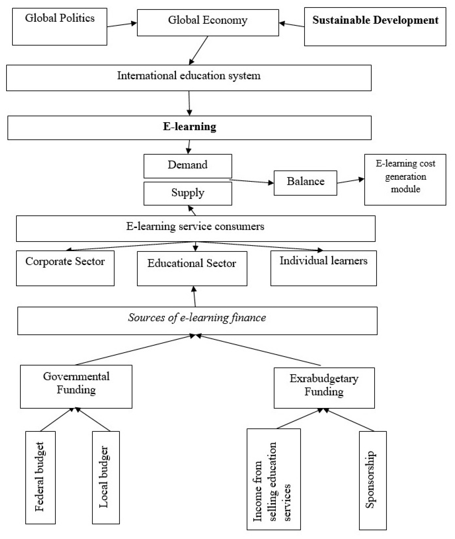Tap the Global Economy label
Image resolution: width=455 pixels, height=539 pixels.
pos(208,20)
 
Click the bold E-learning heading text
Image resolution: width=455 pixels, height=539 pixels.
pos(190,127)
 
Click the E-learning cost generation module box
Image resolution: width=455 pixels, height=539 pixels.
pos(405,180)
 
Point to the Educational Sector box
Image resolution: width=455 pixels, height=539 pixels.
pos(192,268)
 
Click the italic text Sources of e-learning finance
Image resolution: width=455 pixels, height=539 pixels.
pos(197,318)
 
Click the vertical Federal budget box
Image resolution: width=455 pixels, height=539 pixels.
pos(41,478)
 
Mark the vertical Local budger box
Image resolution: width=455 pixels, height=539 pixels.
pos(106,478)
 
